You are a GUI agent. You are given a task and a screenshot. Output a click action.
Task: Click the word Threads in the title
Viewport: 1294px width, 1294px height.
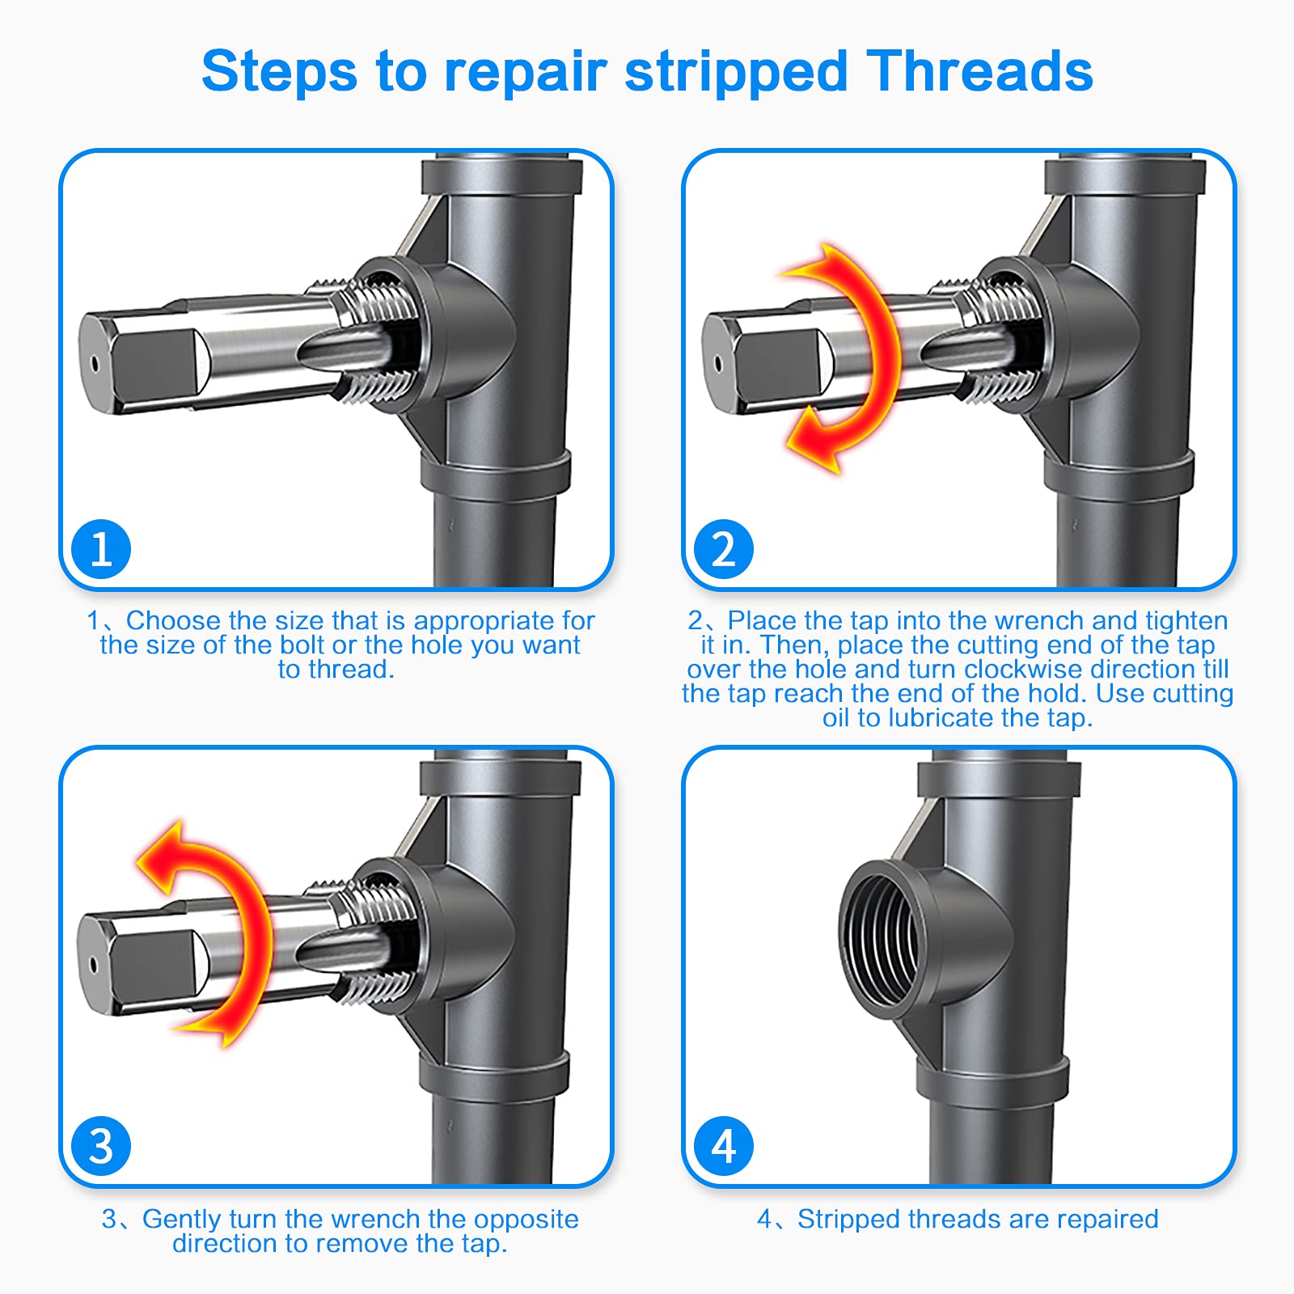(x=979, y=71)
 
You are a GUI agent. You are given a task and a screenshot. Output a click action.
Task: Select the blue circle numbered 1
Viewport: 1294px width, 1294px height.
(x=101, y=549)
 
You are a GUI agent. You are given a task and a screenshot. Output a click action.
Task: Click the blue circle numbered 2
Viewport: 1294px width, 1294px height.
(x=724, y=549)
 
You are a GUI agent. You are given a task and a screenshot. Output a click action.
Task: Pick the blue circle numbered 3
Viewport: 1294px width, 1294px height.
(x=101, y=1146)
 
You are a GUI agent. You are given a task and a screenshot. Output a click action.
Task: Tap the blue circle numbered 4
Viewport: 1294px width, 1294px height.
(x=724, y=1146)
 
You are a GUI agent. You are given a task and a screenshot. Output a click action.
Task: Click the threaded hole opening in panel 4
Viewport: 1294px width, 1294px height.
(x=880, y=938)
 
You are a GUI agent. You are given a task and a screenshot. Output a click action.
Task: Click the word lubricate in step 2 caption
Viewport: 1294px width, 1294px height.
(x=941, y=717)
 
